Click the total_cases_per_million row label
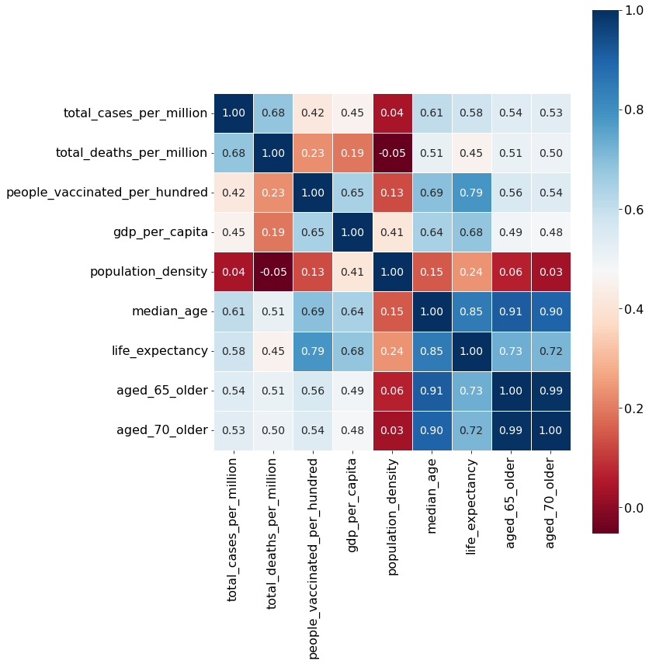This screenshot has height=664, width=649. coord(136,113)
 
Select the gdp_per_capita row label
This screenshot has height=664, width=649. coord(161,232)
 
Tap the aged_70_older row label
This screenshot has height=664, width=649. coord(162,430)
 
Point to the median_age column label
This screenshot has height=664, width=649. coord(432,495)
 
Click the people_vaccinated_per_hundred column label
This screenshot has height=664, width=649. coord(313,558)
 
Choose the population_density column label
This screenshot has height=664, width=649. coord(392,516)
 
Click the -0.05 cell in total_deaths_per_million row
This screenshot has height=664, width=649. coord(392,153)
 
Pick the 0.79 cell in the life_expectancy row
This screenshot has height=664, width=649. coord(313,352)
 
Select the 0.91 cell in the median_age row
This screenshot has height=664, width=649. coord(511,311)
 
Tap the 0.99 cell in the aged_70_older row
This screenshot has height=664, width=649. coord(511,431)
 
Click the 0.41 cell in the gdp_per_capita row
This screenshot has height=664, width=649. coord(392,232)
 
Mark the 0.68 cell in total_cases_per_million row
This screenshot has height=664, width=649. coord(273,113)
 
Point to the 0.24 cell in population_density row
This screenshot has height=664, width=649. coord(471,272)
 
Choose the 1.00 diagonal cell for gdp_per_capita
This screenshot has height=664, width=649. coord(352,232)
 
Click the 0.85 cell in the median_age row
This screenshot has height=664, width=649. coord(471,311)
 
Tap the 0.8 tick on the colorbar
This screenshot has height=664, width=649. coord(621,110)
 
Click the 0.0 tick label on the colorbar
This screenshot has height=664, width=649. coord(634,508)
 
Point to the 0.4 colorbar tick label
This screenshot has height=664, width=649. coord(634,309)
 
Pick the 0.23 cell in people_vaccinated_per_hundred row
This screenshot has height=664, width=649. coord(273,193)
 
